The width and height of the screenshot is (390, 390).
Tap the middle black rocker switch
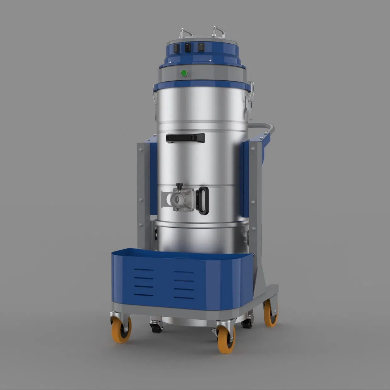188,48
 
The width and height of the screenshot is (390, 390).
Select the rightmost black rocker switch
201,47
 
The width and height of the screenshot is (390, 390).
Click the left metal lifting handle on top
186,32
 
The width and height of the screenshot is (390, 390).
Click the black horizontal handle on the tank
185,138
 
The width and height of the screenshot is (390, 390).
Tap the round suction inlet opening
176,199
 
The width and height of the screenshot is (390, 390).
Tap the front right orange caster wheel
226,339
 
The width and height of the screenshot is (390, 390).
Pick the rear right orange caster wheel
270,313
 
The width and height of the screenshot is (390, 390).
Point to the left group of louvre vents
144,282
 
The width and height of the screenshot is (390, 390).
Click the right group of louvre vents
184,285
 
